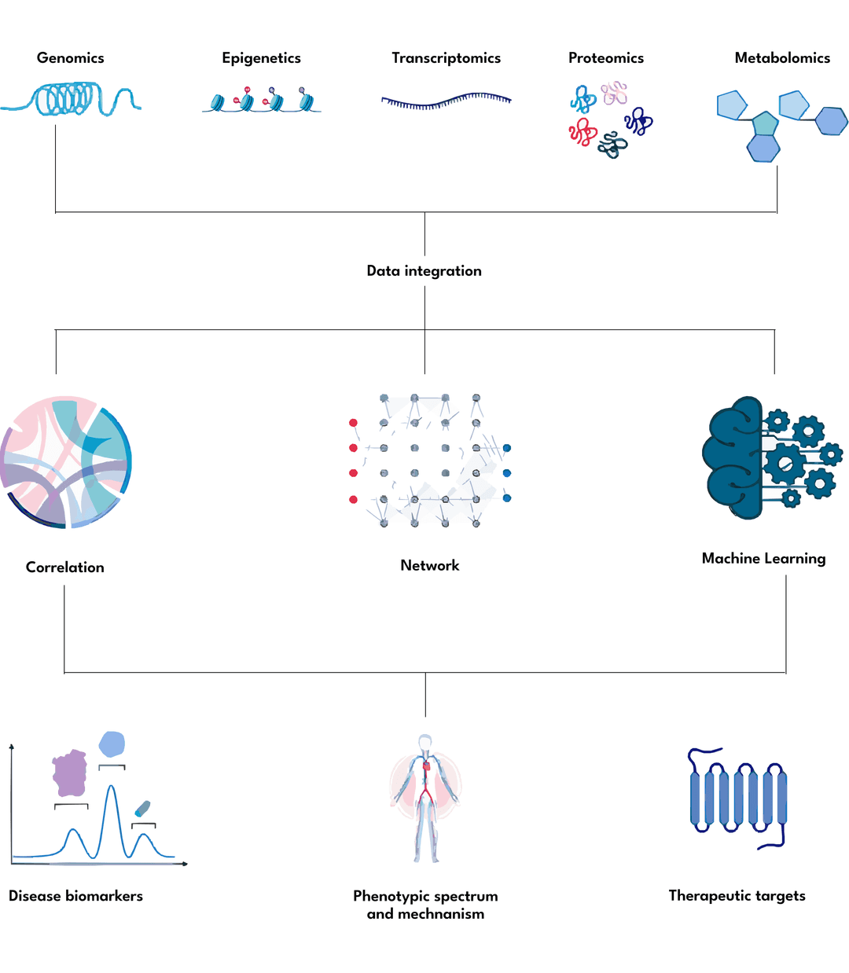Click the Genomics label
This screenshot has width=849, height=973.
(x=70, y=58)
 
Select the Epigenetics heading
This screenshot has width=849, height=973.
(x=261, y=58)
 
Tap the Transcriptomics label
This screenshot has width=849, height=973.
(x=446, y=58)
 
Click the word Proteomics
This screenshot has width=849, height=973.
(x=605, y=58)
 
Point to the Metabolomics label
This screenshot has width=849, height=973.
(x=781, y=58)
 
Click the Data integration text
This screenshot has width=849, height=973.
(x=424, y=271)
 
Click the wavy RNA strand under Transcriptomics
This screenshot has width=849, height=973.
(x=446, y=101)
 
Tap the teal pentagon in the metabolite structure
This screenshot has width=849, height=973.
(x=765, y=123)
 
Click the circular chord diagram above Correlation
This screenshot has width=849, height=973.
(x=66, y=462)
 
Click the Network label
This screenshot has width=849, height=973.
(x=429, y=566)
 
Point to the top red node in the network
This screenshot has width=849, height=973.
(x=353, y=423)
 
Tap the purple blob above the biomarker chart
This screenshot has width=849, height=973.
(x=69, y=773)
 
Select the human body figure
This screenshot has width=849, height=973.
(x=425, y=798)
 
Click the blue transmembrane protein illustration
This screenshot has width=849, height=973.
(x=737, y=798)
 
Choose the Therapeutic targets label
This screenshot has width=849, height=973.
(x=737, y=896)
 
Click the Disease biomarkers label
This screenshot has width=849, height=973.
(x=75, y=896)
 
